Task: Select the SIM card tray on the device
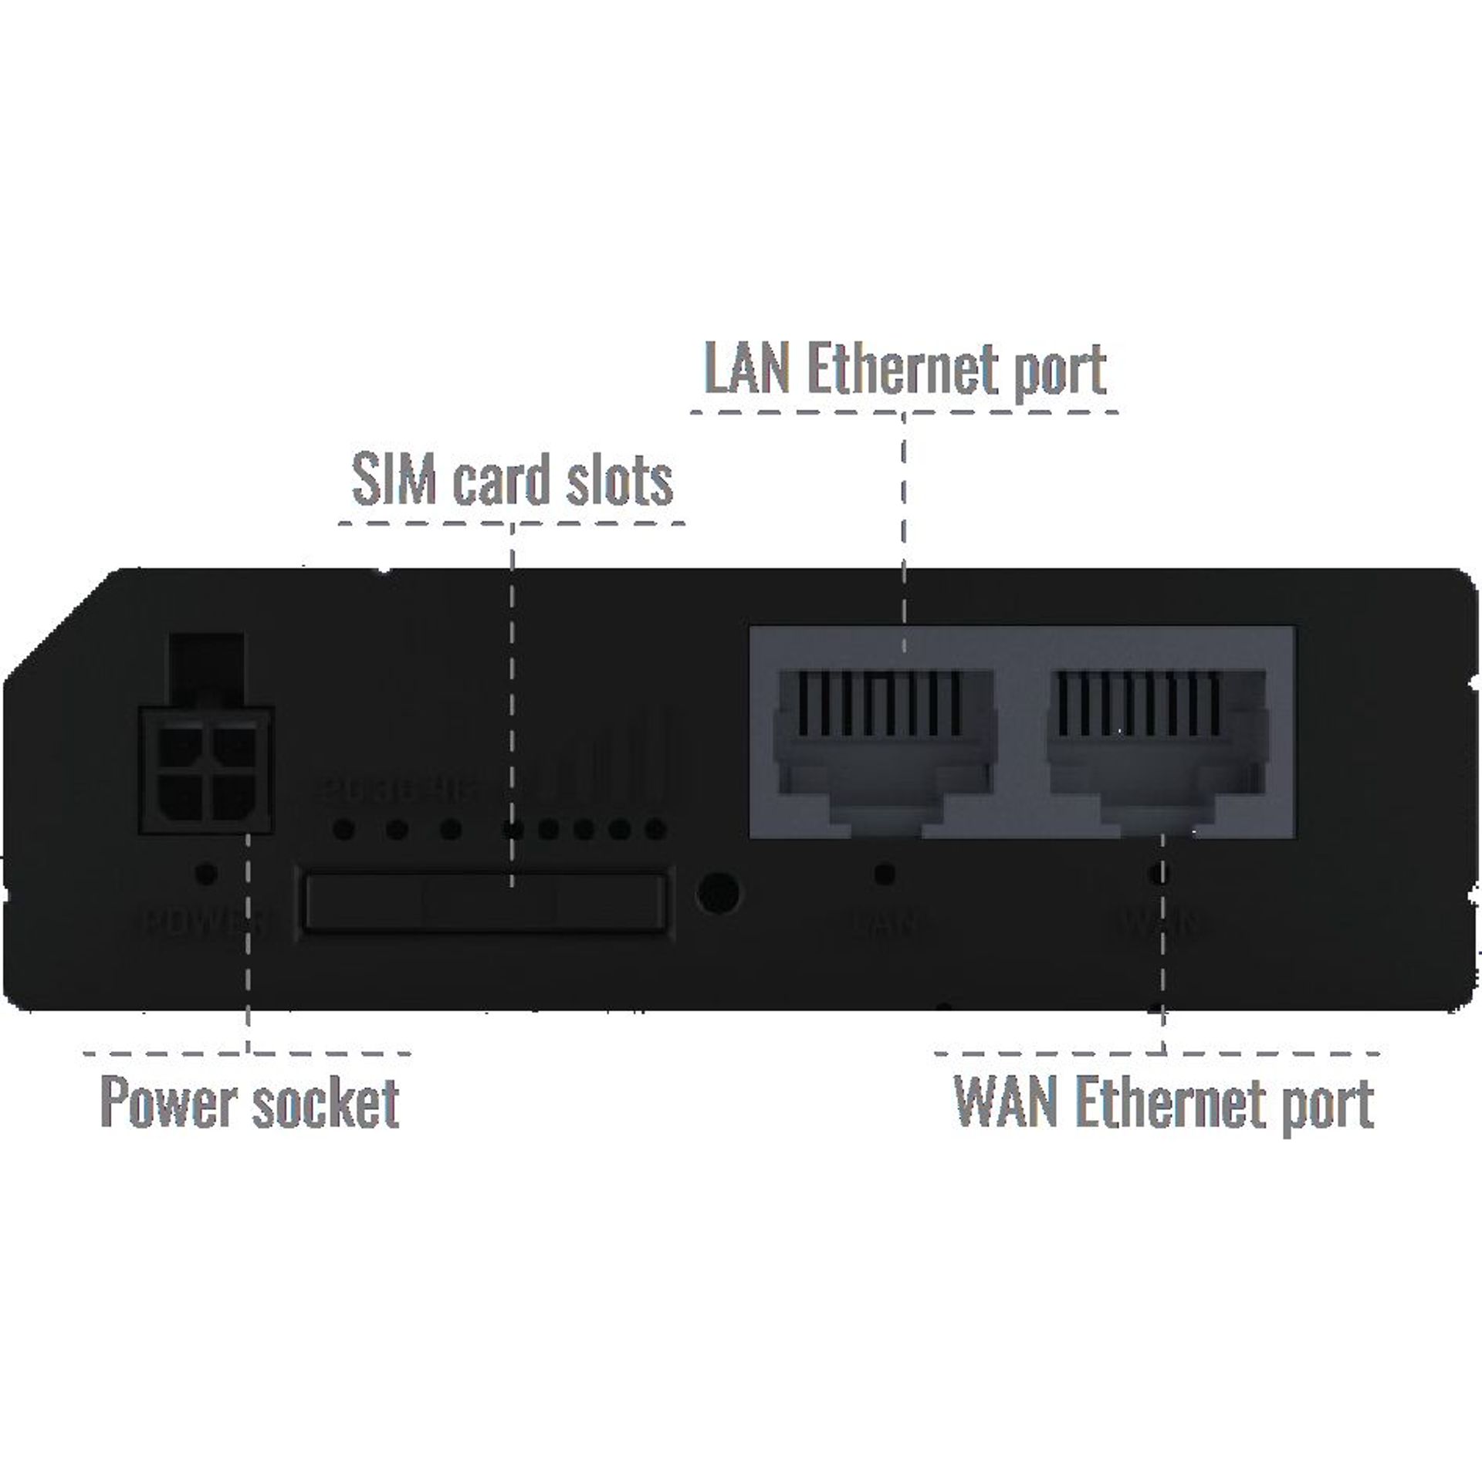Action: tap(486, 901)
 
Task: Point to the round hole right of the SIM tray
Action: tap(717, 894)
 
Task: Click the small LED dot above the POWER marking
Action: tap(206, 874)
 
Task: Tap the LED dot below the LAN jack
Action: tap(885, 874)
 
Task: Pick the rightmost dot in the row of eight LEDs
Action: tap(655, 831)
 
